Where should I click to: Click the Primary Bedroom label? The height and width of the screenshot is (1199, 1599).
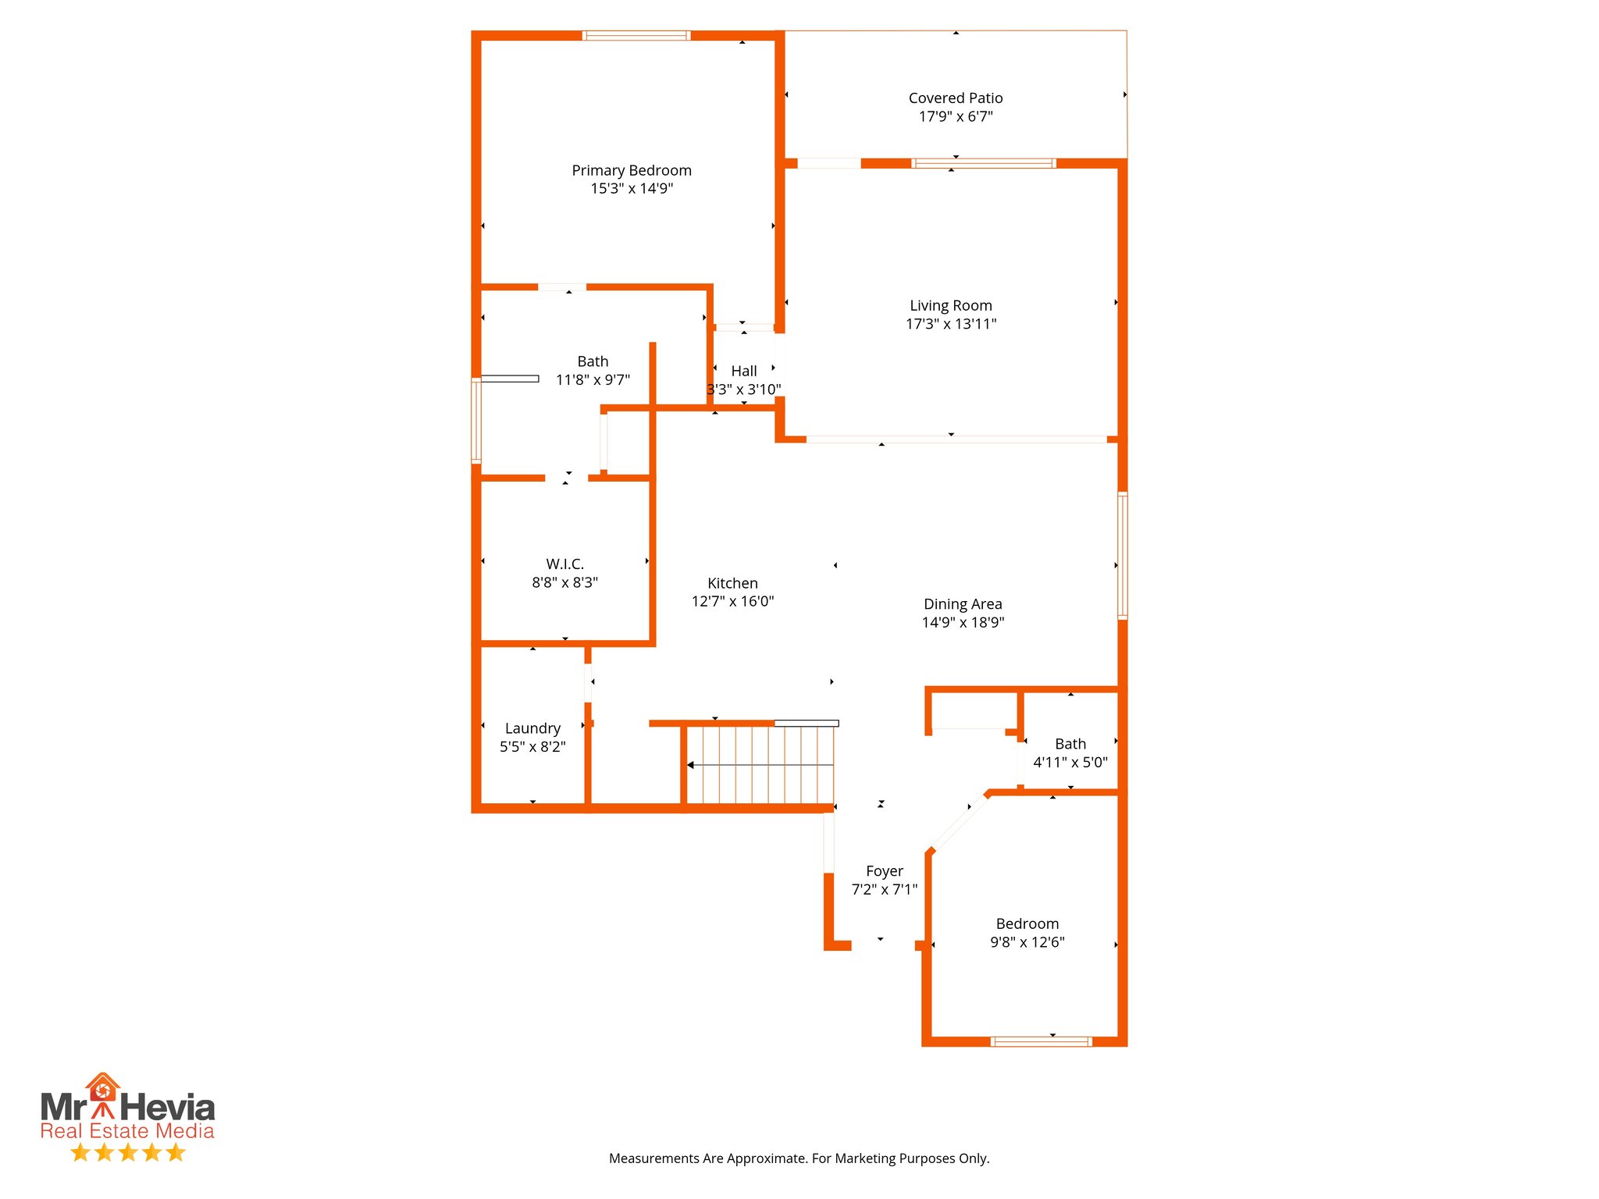click(x=631, y=170)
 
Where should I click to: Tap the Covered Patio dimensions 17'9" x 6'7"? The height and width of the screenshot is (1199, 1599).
click(x=955, y=117)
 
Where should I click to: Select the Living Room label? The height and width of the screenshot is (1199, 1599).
click(x=950, y=305)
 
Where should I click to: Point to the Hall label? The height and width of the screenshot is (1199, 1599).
click(x=743, y=371)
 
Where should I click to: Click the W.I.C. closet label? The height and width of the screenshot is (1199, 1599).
click(x=564, y=564)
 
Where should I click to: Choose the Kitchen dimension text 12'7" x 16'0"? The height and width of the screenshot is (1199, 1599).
click(x=732, y=602)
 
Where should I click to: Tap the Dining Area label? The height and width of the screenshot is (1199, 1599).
click(x=962, y=604)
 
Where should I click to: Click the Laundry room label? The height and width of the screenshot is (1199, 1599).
click(x=532, y=728)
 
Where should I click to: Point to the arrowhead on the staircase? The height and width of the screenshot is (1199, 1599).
click(x=690, y=765)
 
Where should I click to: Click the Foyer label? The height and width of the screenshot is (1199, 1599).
click(x=884, y=871)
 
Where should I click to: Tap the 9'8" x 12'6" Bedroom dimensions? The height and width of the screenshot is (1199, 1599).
click(x=1027, y=942)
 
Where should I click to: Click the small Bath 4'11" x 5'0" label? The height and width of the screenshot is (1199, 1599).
click(x=1070, y=745)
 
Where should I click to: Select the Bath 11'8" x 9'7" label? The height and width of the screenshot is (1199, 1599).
click(x=593, y=361)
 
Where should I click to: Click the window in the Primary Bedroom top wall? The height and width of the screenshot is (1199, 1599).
click(x=636, y=36)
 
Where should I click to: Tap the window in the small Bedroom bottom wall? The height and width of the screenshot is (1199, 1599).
click(x=1040, y=1041)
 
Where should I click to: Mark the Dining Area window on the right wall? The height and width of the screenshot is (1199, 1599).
click(x=1122, y=555)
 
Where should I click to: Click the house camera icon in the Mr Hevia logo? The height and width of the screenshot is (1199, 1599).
click(x=102, y=1087)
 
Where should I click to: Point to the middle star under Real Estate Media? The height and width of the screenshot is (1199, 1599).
click(x=128, y=1152)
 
